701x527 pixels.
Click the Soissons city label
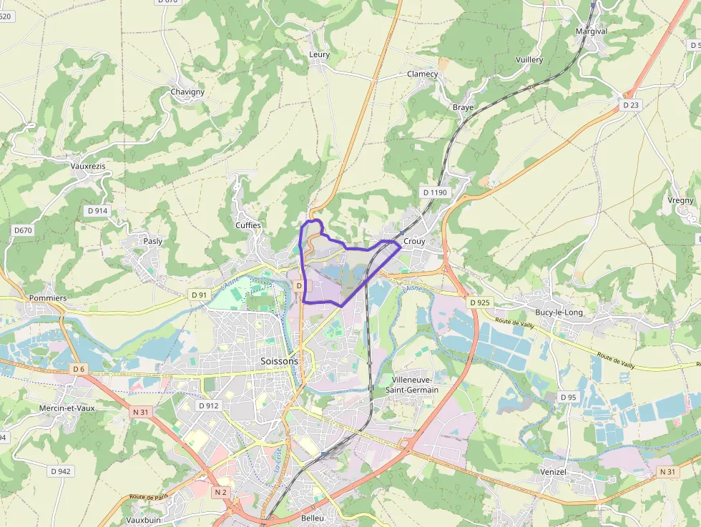[x=279, y=361]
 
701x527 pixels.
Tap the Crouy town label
[x=414, y=242]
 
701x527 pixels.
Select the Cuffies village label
[x=248, y=225]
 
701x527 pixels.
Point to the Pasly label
[x=153, y=241]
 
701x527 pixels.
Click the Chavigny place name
[x=187, y=92]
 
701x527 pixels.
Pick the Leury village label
[x=319, y=54]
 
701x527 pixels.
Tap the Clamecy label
[x=422, y=74]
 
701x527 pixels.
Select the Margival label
[x=592, y=31]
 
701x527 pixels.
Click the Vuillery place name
[x=529, y=60]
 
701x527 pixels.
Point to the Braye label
[x=463, y=107]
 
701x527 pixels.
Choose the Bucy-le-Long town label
[x=559, y=312]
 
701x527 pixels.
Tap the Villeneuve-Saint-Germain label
[x=412, y=385]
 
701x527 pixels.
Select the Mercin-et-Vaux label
[x=67, y=408]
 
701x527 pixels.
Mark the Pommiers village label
[x=49, y=297]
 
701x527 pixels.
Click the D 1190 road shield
[x=434, y=192]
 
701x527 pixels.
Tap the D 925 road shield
[x=479, y=302]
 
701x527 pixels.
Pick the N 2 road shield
[x=220, y=492]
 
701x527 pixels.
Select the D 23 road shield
[x=630, y=105]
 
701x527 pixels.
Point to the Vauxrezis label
[x=88, y=166]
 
